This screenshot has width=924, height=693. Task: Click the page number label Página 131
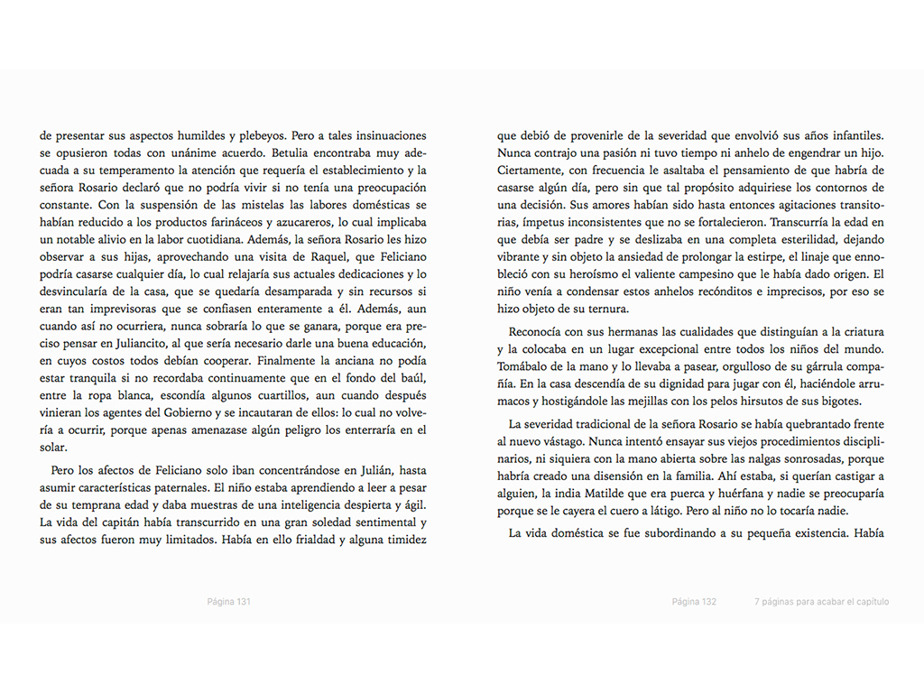(x=227, y=601)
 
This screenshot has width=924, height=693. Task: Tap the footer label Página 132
(x=694, y=601)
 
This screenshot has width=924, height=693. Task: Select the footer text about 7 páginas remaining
(x=821, y=601)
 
